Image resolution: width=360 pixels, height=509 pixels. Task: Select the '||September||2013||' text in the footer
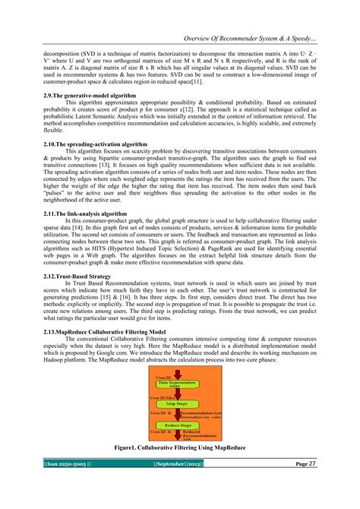click(178, 484)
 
